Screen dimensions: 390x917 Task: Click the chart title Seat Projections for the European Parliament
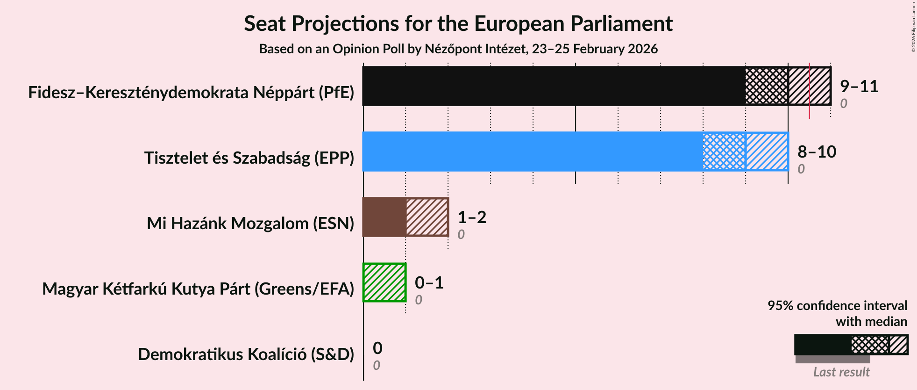(458, 23)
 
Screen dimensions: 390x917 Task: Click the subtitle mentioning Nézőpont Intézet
(458, 49)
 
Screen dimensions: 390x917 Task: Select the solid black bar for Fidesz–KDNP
(554, 86)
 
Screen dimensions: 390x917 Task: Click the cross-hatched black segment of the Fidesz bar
(767, 86)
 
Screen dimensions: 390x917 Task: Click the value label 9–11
(859, 87)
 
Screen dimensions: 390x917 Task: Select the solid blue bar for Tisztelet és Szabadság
(533, 152)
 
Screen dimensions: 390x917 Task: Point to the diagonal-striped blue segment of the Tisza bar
(767, 152)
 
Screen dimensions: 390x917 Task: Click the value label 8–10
(817, 152)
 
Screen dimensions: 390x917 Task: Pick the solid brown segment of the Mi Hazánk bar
(384, 217)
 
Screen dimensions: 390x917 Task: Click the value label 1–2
(472, 217)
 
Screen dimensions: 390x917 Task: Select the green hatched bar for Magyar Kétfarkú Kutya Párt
(384, 282)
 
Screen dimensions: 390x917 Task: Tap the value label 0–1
(429, 283)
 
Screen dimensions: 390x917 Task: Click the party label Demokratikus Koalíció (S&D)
(246, 354)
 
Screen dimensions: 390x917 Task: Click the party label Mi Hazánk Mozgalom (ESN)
(250, 224)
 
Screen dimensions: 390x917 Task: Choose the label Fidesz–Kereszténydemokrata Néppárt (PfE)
(191, 93)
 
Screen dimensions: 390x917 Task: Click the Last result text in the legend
(841, 372)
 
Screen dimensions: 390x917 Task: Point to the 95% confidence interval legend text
(837, 306)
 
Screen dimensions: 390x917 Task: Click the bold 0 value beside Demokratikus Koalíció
(377, 348)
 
